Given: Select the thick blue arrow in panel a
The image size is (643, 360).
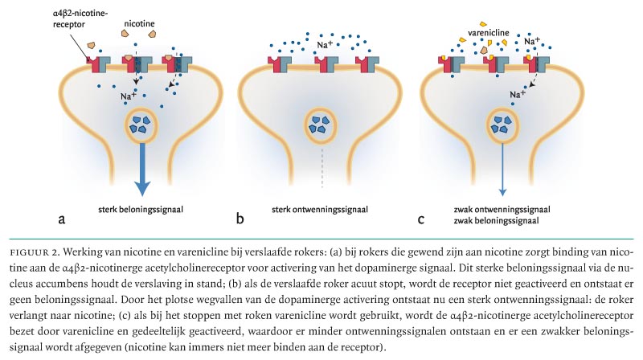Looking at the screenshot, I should pos(141,169).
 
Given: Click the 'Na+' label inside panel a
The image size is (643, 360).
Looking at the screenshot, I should pos(129,96).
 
